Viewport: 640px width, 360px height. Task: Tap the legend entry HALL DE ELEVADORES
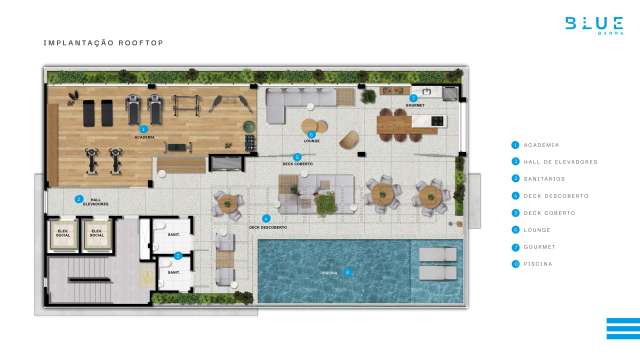tap(556, 162)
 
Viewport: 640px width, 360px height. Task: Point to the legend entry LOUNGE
tap(538, 230)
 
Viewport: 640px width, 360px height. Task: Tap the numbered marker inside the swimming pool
tap(348, 271)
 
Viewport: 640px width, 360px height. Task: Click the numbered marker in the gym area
tap(144, 129)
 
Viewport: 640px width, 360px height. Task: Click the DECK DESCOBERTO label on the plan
tap(268, 227)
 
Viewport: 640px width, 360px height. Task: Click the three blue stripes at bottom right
tap(622, 329)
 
